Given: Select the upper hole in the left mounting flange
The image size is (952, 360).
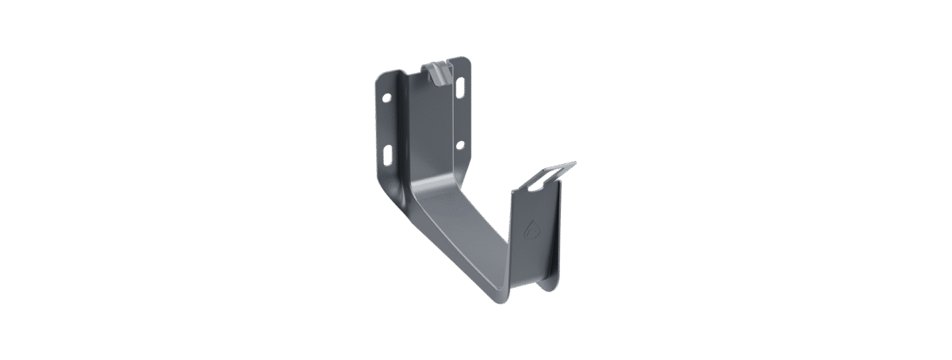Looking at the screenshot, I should tap(386, 99).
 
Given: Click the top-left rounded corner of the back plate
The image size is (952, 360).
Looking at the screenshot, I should tap(379, 73).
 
